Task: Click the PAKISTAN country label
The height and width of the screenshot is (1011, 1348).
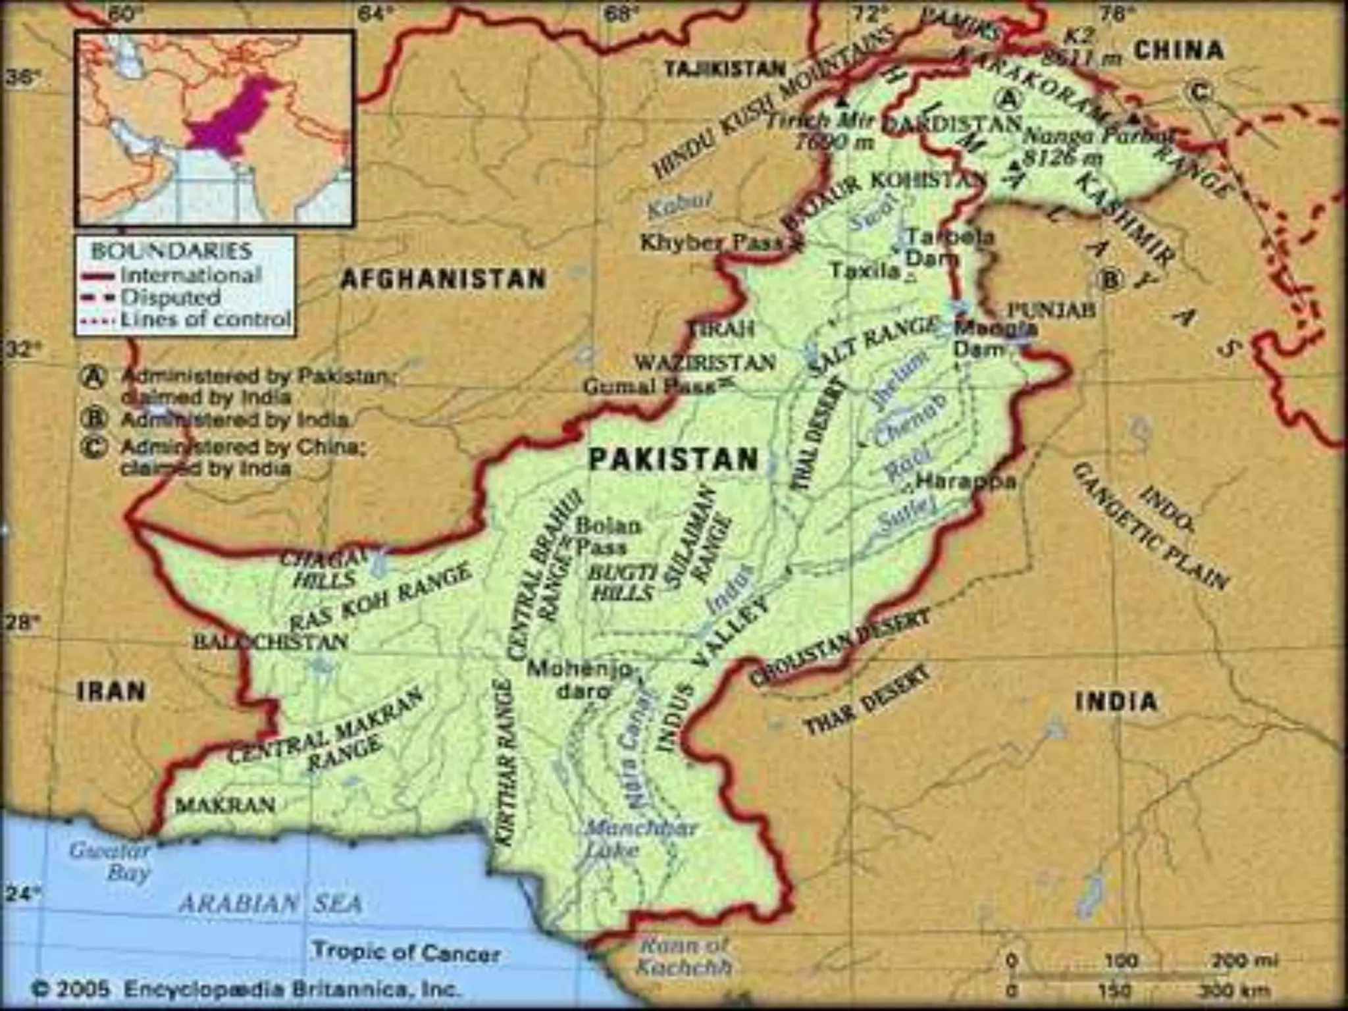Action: (x=673, y=459)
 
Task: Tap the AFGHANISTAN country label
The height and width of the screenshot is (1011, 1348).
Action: (x=444, y=279)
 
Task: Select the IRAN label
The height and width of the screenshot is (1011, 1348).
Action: (x=112, y=692)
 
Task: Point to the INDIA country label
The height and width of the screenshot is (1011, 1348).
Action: (x=1116, y=702)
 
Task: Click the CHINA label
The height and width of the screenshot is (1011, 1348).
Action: (x=1179, y=51)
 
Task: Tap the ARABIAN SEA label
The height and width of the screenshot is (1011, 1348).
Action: (x=271, y=903)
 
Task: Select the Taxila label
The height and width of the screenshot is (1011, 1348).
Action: (x=865, y=270)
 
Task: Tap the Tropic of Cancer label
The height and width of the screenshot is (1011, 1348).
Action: (x=406, y=952)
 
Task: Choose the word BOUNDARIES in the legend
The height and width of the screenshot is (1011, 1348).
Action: (x=172, y=251)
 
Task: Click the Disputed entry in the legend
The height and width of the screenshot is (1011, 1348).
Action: (x=170, y=298)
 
